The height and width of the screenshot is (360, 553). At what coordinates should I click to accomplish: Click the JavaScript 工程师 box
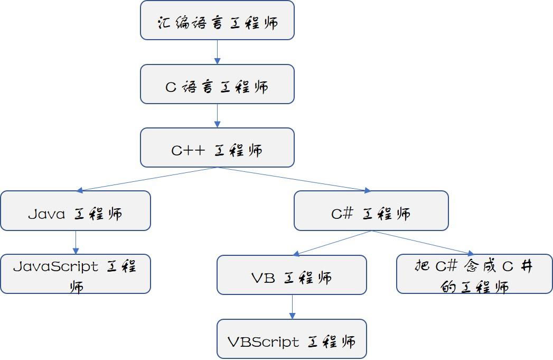point(76,274)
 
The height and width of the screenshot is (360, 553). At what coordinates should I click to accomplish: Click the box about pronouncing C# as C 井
point(474,274)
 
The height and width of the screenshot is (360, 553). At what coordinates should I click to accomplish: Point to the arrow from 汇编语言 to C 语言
point(217,52)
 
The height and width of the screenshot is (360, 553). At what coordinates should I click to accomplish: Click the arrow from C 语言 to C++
point(217,116)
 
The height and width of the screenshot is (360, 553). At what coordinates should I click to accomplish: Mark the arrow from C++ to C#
point(294,179)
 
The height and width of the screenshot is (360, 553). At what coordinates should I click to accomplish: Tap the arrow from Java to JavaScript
point(76,243)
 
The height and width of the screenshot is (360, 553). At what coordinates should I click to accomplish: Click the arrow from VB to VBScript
point(292,307)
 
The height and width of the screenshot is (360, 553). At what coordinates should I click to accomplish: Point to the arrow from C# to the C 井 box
point(423,243)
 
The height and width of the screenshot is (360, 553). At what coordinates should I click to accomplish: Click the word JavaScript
point(55,266)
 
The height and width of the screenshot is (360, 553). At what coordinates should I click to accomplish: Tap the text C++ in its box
point(188,151)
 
